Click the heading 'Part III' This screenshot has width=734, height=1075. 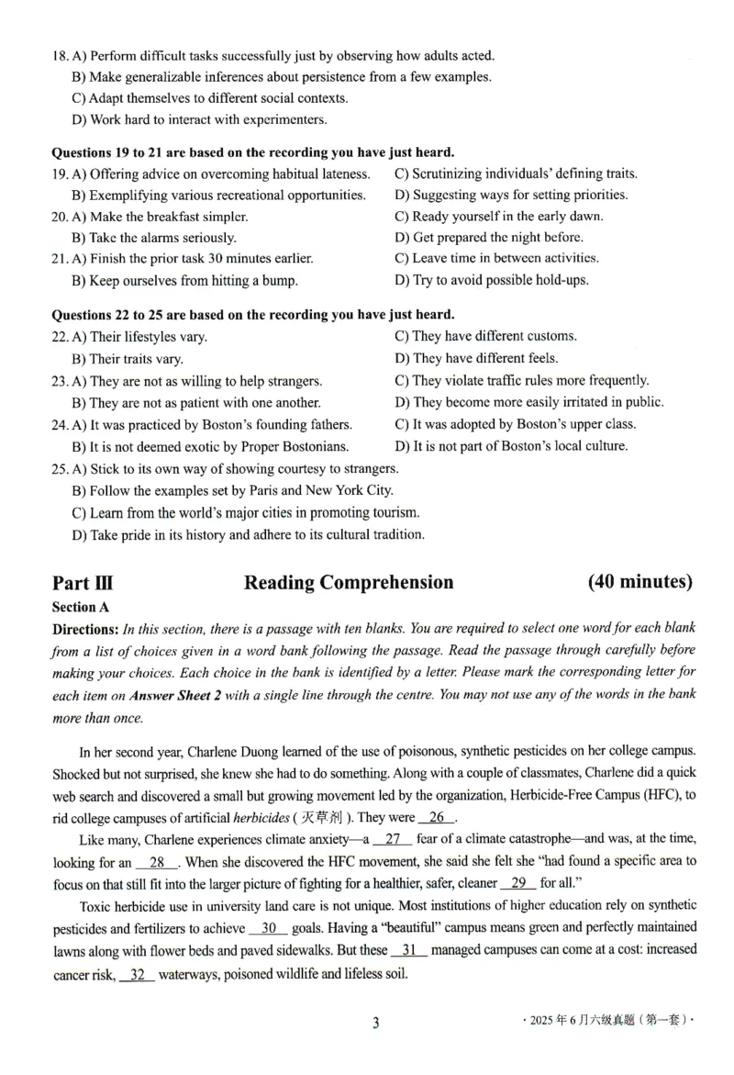point(83,583)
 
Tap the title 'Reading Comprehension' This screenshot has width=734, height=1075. point(349,583)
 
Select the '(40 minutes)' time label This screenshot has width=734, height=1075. point(640,582)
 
